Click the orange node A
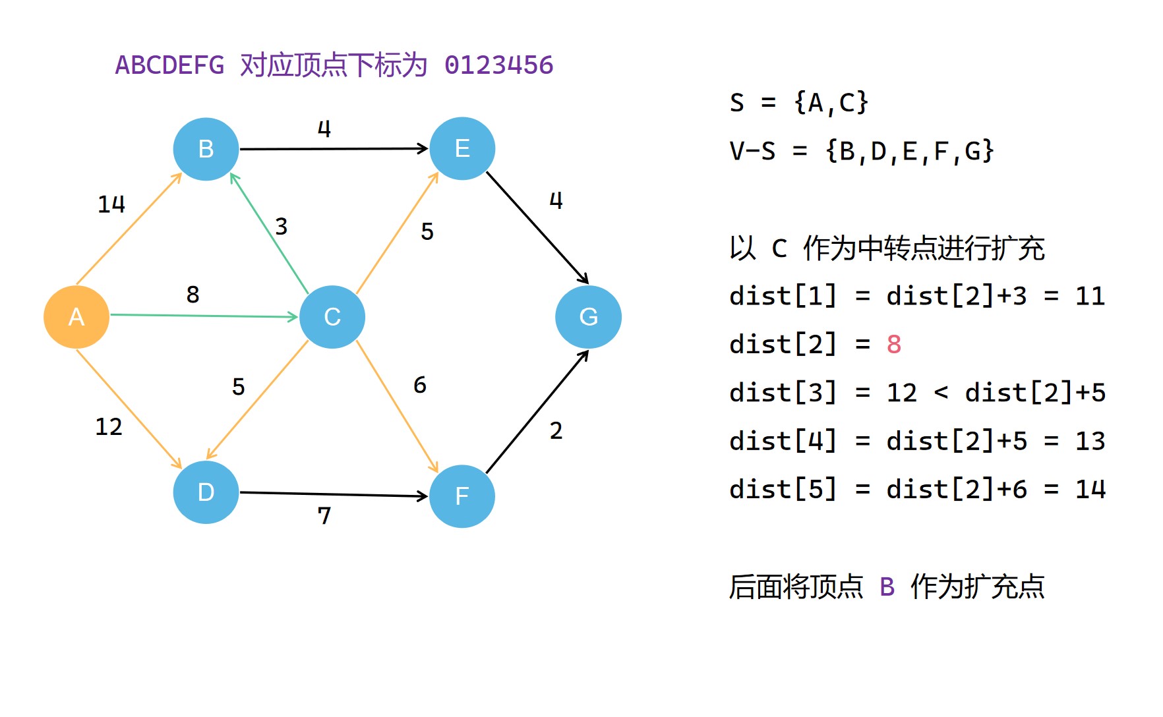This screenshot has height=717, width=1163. pyautogui.click(x=76, y=317)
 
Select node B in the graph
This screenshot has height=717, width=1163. pyautogui.click(x=206, y=149)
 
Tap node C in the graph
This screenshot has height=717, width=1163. pyautogui.click(x=332, y=317)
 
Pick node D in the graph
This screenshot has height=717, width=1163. pyautogui.click(x=206, y=492)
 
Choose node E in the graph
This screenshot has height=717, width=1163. pyautogui.click(x=462, y=149)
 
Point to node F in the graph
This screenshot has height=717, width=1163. pyautogui.click(x=462, y=496)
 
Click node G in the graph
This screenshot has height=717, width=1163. pyautogui.click(x=588, y=317)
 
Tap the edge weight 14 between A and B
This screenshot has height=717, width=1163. pyautogui.click(x=111, y=204)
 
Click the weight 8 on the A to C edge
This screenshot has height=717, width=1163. pyautogui.click(x=193, y=295)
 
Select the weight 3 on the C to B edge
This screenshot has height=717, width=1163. pyautogui.click(x=282, y=227)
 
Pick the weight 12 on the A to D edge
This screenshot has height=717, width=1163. pyautogui.click(x=109, y=427)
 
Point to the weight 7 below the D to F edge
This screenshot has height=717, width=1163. pyautogui.click(x=324, y=515)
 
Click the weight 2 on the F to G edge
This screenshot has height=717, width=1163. pyautogui.click(x=556, y=431)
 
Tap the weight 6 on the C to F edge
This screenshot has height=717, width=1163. pyautogui.click(x=420, y=385)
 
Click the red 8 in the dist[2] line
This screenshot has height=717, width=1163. pyautogui.click(x=894, y=345)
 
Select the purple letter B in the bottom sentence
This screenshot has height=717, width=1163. pyautogui.click(x=887, y=587)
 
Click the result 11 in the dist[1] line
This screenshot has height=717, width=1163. pyautogui.click(x=1090, y=297)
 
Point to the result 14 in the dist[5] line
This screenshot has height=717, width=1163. pyautogui.click(x=1090, y=490)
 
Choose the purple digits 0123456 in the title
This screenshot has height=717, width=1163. pyautogui.click(x=499, y=65)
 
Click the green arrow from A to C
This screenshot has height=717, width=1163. pyautogui.click(x=204, y=316)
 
